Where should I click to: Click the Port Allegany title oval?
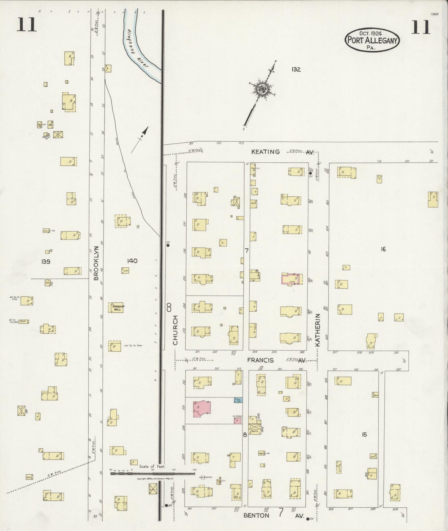372,39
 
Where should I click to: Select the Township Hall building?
116,308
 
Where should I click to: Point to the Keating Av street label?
282,152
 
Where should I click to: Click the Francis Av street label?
276,360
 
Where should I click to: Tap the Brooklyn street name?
96,263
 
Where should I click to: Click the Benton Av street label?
273,516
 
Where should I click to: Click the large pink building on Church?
202,408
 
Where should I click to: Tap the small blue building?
238,400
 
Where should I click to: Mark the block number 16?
383,249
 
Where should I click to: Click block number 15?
364,435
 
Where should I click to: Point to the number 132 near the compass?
296,69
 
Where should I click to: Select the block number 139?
46,262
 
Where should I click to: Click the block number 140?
132,261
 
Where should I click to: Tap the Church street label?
175,330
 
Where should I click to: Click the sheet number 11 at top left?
27,25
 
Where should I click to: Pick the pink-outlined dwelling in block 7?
291,279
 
